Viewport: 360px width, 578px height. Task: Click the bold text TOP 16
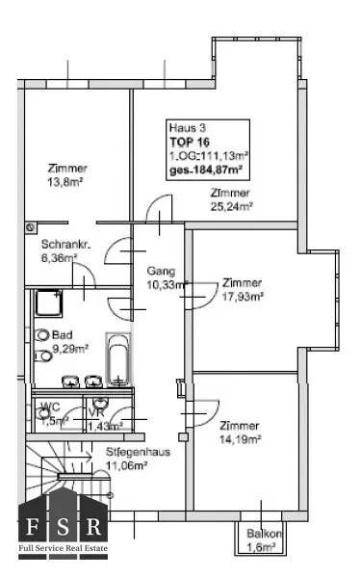[x=190, y=142]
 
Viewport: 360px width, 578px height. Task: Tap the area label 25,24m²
[x=231, y=207]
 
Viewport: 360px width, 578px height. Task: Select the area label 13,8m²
[x=64, y=182]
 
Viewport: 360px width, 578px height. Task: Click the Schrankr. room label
[x=66, y=244]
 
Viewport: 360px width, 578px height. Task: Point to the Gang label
[x=161, y=271]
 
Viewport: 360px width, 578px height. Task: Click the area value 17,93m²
[x=243, y=297]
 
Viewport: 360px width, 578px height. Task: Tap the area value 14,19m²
[x=241, y=439]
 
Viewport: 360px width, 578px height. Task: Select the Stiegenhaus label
[x=138, y=452]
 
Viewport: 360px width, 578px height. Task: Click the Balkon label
[x=264, y=534]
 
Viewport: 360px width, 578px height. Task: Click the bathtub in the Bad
[x=118, y=359]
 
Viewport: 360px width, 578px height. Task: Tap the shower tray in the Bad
[x=49, y=302]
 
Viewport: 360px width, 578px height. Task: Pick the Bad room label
[x=63, y=335]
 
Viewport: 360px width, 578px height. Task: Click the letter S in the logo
[x=63, y=526]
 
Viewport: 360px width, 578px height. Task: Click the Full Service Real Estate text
[x=64, y=548]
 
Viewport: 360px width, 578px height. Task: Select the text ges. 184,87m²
[x=206, y=170]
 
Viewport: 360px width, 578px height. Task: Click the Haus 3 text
[x=187, y=128]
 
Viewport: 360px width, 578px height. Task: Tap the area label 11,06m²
[x=126, y=466]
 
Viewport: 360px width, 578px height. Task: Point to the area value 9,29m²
[x=70, y=349]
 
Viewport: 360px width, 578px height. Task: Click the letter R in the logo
[x=93, y=526]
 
